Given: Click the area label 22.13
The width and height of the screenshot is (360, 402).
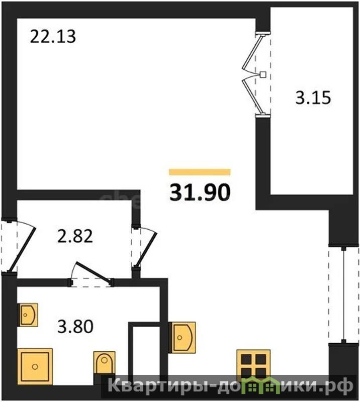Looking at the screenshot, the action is coord(53,36).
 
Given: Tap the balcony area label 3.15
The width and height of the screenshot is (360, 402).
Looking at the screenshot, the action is coord(313,97).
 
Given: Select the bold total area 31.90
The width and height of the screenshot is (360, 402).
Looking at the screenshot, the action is coord(200,192).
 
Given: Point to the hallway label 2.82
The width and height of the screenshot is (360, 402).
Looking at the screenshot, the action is coord(75,236).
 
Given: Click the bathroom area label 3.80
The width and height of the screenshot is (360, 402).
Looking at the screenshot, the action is coord(75,327).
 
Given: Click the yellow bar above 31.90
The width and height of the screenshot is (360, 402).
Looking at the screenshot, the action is coord(200,172).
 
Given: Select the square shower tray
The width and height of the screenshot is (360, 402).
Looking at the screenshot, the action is coord(35,366).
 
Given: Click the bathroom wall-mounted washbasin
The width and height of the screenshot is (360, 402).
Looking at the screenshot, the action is coord(28,315).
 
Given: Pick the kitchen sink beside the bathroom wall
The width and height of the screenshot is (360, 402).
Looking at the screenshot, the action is coord(182,337).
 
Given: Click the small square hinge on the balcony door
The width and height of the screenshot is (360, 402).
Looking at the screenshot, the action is coord(263,74).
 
